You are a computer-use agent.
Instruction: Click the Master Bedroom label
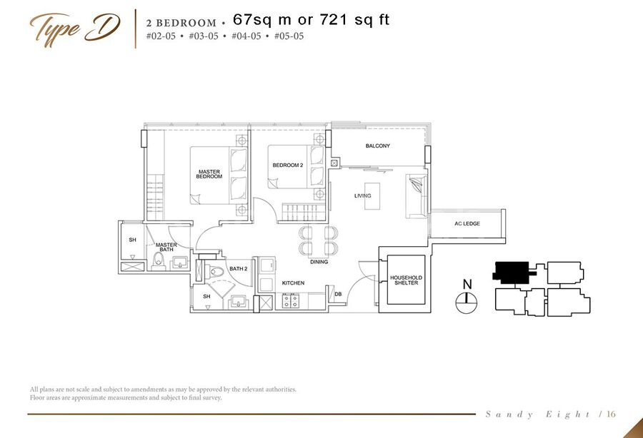209,174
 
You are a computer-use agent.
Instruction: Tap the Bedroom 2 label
288,165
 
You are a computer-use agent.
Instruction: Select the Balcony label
378,146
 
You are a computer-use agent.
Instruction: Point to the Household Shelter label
406,280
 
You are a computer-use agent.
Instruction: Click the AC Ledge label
467,223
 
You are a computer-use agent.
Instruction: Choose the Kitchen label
293,283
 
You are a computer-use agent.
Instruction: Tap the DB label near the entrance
338,294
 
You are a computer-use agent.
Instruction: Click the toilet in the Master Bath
158,261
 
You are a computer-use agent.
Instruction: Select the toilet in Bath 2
214,271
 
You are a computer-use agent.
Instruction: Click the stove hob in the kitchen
290,301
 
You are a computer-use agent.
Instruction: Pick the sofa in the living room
417,196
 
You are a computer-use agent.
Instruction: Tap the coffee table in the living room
372,196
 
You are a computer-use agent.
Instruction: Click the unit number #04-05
246,36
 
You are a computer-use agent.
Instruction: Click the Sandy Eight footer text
537,414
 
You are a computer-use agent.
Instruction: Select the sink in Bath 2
238,302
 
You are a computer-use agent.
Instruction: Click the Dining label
319,262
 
